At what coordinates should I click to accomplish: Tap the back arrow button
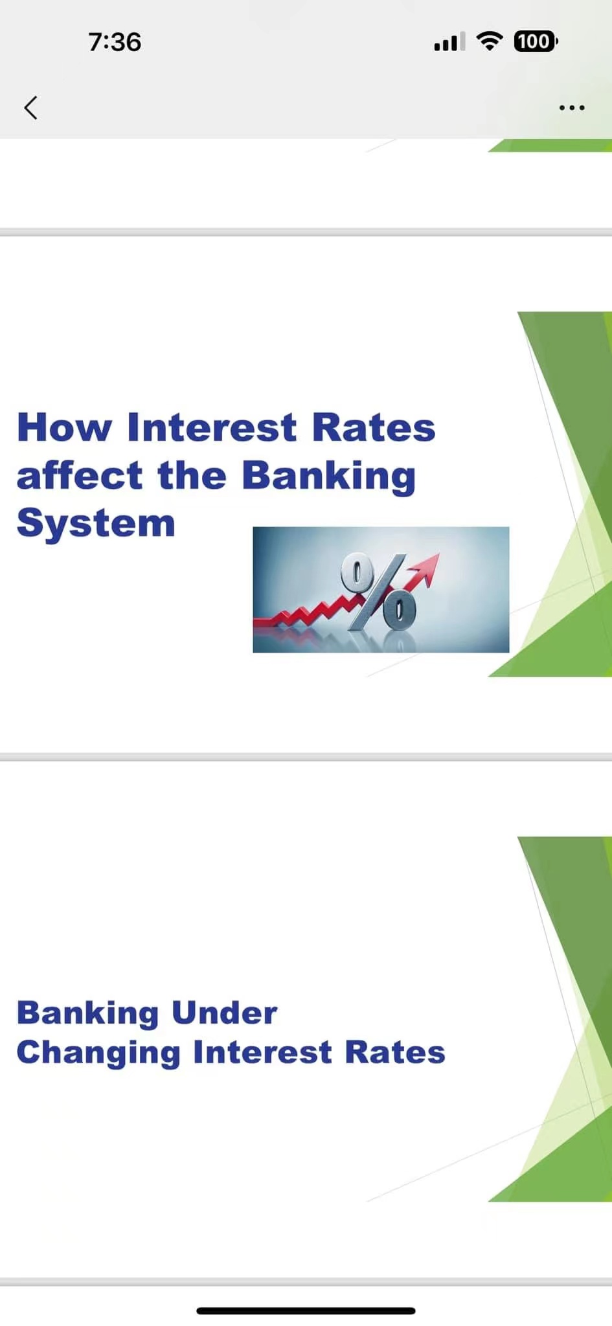pyautogui.click(x=30, y=107)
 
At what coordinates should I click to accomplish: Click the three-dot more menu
pyautogui.click(x=572, y=107)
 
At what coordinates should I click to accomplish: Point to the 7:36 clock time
pyautogui.click(x=115, y=42)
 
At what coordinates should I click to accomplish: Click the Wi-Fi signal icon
pyautogui.click(x=490, y=41)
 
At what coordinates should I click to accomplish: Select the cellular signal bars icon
pyautogui.click(x=449, y=42)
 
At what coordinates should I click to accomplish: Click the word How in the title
pyautogui.click(x=64, y=427)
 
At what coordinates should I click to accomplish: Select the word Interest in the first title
pyautogui.click(x=212, y=427)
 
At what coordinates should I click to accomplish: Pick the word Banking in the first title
pyautogui.click(x=328, y=477)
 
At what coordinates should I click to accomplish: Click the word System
pyautogui.click(x=96, y=524)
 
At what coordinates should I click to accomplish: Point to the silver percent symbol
pyautogui.click(x=380, y=591)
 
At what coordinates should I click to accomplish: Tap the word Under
pyautogui.click(x=224, y=1013)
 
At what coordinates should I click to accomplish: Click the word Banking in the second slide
pyautogui.click(x=87, y=1014)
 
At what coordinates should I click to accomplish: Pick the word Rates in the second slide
pyautogui.click(x=395, y=1052)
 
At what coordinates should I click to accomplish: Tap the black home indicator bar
pyautogui.click(x=306, y=1310)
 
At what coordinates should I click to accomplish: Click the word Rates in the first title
pyautogui.click(x=374, y=427)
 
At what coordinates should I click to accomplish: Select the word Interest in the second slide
pyautogui.click(x=262, y=1052)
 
